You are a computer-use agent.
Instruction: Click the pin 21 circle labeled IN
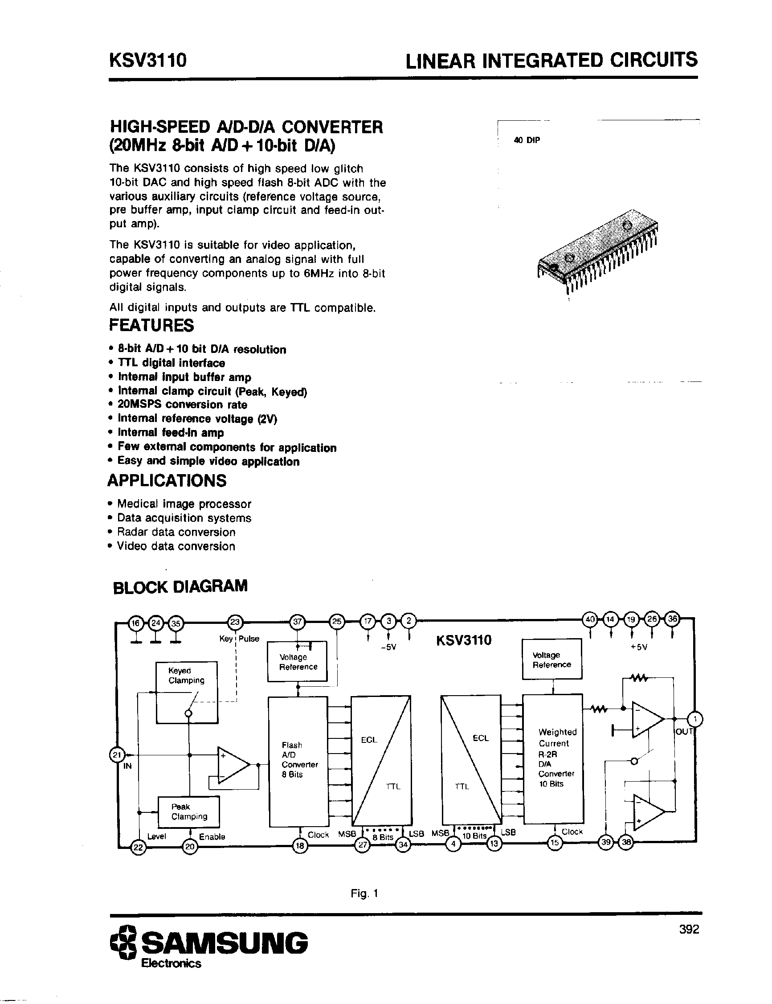[x=117, y=754]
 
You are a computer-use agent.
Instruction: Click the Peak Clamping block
[x=189, y=811]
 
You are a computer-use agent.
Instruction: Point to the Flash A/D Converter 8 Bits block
[x=298, y=761]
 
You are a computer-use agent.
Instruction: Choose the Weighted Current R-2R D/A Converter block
[x=553, y=759]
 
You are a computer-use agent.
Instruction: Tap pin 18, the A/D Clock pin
[x=300, y=845]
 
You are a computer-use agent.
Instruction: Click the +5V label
[x=639, y=647]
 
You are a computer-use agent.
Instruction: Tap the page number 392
[x=689, y=929]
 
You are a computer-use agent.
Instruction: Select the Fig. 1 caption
[x=364, y=893]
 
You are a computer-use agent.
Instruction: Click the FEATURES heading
[x=151, y=325]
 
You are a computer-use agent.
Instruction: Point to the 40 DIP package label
[x=527, y=140]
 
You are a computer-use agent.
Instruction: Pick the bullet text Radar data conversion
[x=176, y=532]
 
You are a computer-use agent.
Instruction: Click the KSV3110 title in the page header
[x=148, y=60]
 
